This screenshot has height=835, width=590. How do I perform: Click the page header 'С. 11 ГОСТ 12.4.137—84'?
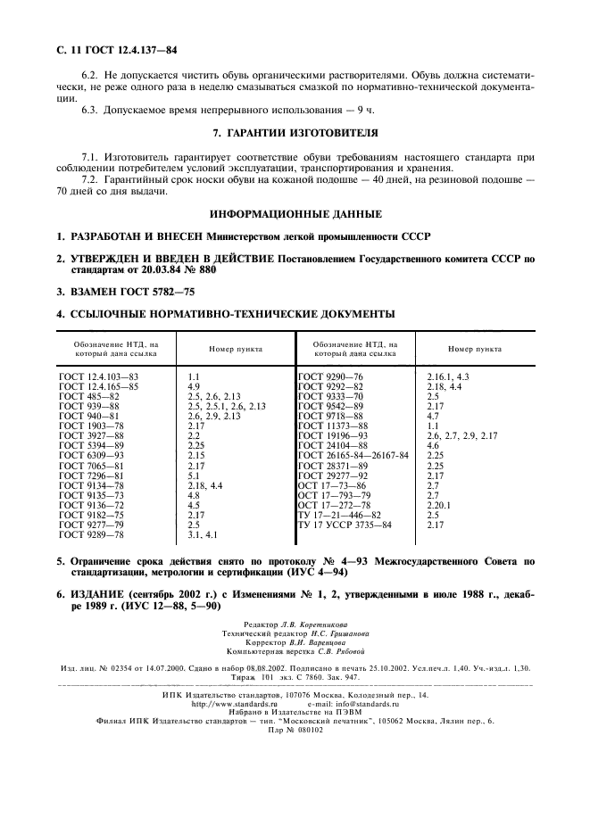(x=116, y=50)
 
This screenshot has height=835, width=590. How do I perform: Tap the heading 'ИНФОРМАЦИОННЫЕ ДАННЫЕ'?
(x=295, y=215)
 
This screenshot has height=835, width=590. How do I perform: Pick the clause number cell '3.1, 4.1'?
(x=203, y=534)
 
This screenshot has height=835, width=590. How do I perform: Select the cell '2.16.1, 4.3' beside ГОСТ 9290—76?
(x=449, y=377)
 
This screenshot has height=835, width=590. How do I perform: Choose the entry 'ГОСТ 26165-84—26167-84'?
(x=353, y=456)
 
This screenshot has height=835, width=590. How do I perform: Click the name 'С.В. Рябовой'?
(x=328, y=650)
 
